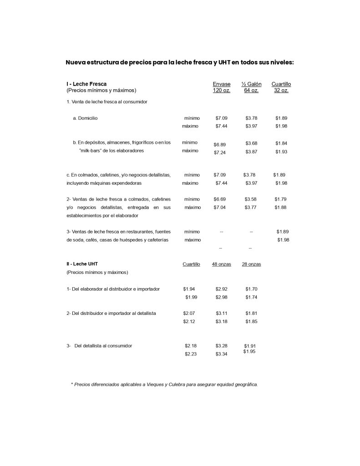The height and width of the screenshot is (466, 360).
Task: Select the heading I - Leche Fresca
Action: (x=86, y=84)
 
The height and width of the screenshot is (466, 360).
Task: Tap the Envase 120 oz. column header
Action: (x=222, y=87)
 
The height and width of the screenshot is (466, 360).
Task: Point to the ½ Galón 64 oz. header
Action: (x=251, y=87)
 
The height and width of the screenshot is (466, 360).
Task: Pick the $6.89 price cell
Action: (x=220, y=145)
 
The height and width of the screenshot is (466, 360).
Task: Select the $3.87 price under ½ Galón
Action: (x=251, y=151)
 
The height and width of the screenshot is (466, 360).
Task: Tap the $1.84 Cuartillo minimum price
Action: (x=281, y=143)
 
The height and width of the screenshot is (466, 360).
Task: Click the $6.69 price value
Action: (x=220, y=199)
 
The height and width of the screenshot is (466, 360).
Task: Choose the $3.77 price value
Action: (x=251, y=208)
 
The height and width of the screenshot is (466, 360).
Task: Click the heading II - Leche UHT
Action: (x=82, y=263)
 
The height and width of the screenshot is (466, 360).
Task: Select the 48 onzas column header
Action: (x=221, y=264)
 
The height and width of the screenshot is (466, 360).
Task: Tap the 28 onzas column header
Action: (x=251, y=264)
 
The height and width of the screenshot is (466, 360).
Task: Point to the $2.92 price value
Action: (x=222, y=289)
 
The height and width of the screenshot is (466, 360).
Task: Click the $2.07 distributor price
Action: (x=189, y=314)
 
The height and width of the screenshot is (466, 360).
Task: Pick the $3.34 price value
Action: (x=222, y=354)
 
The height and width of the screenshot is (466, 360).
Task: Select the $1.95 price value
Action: (x=249, y=351)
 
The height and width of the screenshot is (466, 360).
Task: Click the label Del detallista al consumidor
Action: (x=103, y=346)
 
